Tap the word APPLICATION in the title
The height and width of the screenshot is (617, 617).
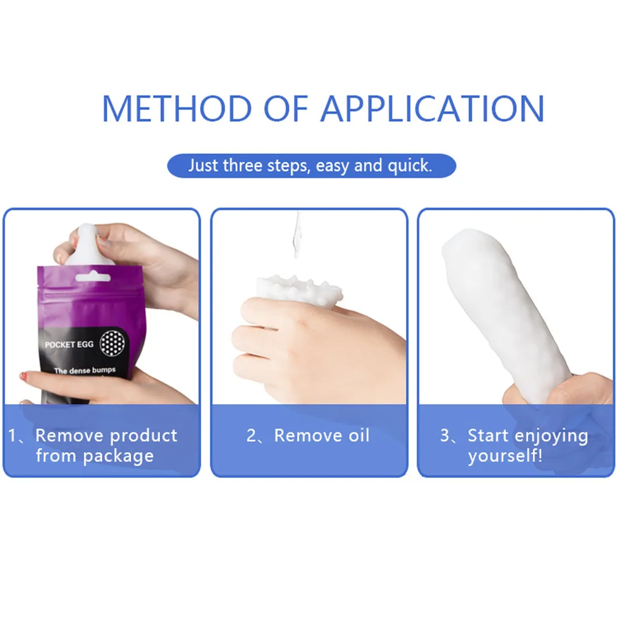(433, 108)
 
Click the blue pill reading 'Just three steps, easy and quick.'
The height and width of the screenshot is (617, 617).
(311, 166)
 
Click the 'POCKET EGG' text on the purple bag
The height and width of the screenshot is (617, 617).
(69, 345)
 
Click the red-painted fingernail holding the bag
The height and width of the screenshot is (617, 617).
(23, 376)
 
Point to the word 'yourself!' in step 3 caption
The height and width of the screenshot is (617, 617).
(505, 456)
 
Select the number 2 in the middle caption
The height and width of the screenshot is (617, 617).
(252, 436)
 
